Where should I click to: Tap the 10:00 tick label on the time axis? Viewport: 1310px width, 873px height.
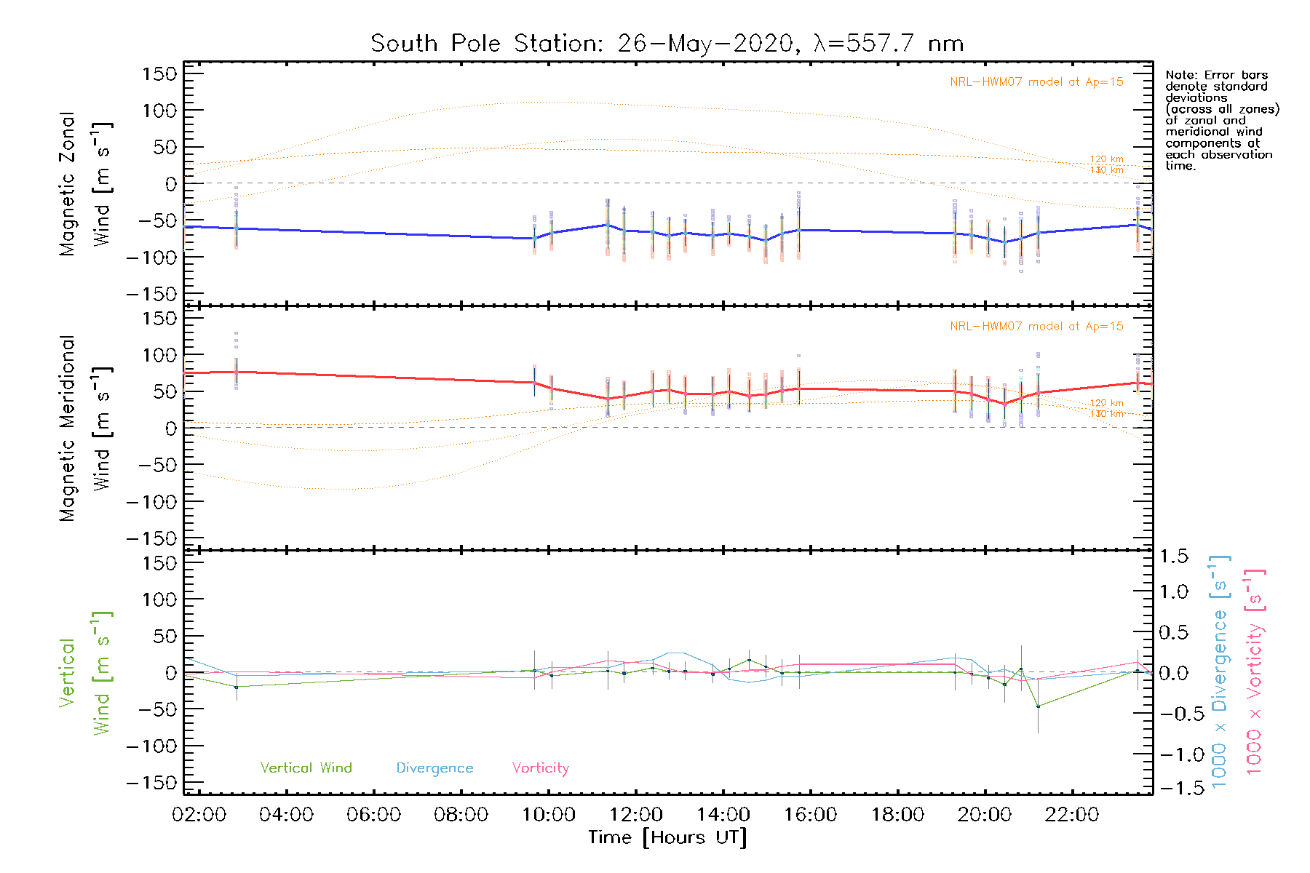549,815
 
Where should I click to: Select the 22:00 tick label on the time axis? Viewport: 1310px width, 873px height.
1072,815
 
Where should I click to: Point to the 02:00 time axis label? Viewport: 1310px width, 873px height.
199,815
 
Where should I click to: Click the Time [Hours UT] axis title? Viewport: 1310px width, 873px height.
667,837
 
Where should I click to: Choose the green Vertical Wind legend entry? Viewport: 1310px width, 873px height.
306,768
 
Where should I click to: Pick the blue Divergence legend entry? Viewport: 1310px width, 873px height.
434,768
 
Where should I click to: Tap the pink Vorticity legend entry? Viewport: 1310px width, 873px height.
540,768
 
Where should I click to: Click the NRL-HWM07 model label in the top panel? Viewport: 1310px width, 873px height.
1036,82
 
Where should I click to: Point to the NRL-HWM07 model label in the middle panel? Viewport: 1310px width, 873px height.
1036,327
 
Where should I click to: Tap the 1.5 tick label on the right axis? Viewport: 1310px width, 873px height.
1173,557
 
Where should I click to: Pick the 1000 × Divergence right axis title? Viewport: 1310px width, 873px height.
1219,673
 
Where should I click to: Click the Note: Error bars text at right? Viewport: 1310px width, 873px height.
1216,76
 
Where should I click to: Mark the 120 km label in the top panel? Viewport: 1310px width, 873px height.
1106,159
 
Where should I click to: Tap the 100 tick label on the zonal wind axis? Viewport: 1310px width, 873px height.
160,111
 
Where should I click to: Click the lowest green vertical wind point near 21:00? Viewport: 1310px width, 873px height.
1038,706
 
